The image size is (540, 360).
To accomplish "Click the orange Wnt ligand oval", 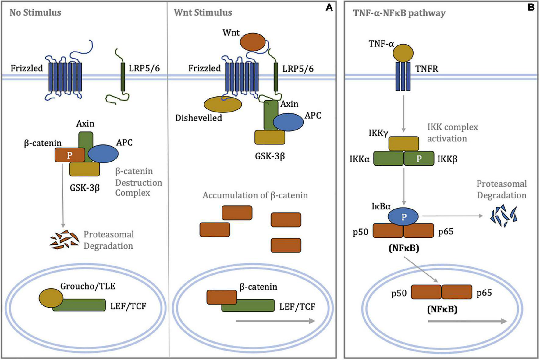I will tap(252, 42).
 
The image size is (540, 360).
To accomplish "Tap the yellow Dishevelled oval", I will tap(222, 104).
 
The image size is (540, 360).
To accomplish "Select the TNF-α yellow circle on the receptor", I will tap(403, 53).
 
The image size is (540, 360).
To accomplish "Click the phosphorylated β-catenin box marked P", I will tap(70, 155).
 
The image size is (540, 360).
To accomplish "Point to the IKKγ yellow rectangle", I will tap(403, 144).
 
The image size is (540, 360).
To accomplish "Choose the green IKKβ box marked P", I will tap(419, 159).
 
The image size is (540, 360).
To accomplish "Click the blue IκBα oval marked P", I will tap(403, 217).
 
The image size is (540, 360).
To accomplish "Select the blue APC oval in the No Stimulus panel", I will tap(103, 154).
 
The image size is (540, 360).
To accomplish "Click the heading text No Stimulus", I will tap(35, 13).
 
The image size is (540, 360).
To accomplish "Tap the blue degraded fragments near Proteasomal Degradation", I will tap(503, 216).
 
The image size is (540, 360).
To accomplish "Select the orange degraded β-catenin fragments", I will tap(64, 240).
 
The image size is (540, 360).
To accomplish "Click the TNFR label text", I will tap(427, 69).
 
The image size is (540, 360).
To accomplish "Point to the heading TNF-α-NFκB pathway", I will tap(399, 13).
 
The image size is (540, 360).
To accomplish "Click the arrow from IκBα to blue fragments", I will tap(453, 216).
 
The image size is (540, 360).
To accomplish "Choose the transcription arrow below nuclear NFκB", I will tap(467, 321).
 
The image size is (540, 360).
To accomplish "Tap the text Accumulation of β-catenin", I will tap(255, 195).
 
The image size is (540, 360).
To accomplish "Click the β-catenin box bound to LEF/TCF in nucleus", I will tap(222, 297).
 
